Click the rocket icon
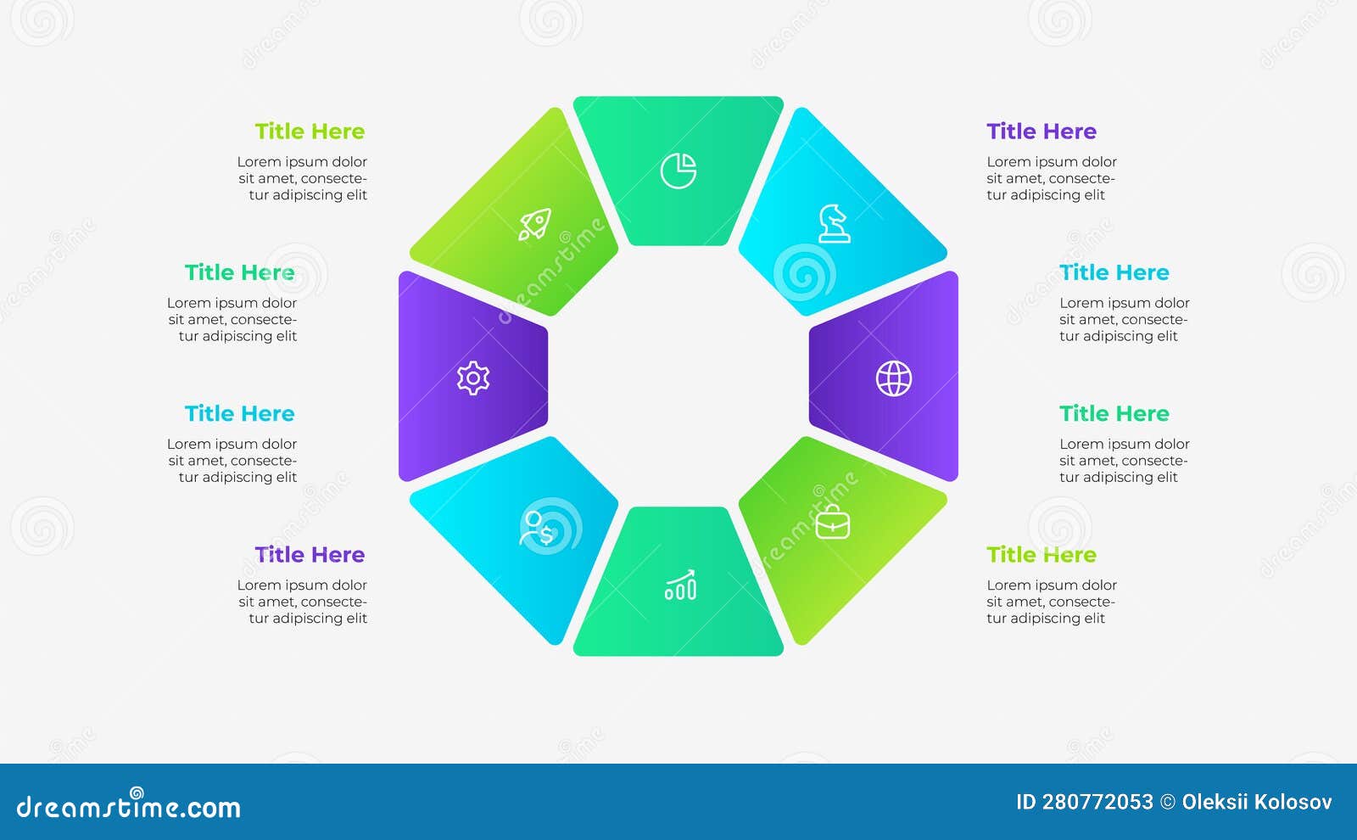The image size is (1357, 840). pyautogui.click(x=534, y=224)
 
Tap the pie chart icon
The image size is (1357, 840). pyautogui.click(x=678, y=171)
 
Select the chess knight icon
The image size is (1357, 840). pyautogui.click(x=835, y=224)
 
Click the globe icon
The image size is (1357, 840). pyautogui.click(x=894, y=378)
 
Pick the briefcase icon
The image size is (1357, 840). pyautogui.click(x=833, y=522)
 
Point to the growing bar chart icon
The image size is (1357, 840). pyautogui.click(x=679, y=585)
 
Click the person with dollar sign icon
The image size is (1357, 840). pyautogui.click(x=536, y=529)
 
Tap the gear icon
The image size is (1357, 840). pyautogui.click(x=473, y=378)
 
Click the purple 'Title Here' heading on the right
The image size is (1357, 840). pyautogui.click(x=1041, y=131)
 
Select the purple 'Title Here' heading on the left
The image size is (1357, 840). pyautogui.click(x=310, y=555)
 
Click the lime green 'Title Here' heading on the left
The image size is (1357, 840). pyautogui.click(x=310, y=131)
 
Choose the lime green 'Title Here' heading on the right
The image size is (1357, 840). pyautogui.click(x=1041, y=555)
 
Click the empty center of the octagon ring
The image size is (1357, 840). pyautogui.click(x=678, y=377)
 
